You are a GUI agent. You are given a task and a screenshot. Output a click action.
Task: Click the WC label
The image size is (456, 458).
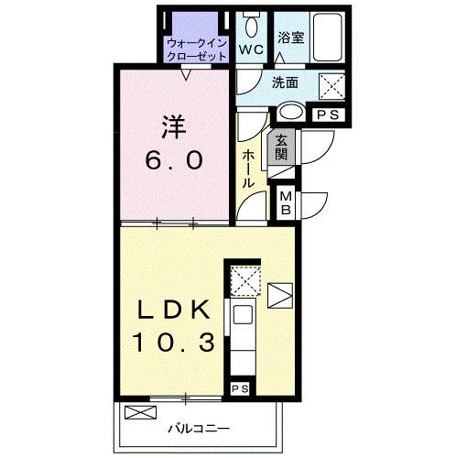[251, 48]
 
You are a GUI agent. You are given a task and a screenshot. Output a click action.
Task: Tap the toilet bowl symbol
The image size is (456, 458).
[251, 22]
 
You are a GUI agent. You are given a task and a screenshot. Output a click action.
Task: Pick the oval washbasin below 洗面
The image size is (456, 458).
[291, 112]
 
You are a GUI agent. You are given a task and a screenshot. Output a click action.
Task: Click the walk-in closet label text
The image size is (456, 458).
[196, 49]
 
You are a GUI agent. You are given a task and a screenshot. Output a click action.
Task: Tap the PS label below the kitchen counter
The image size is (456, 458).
[241, 389]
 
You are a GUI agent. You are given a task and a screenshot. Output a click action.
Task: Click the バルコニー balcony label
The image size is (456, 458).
[197, 428]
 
